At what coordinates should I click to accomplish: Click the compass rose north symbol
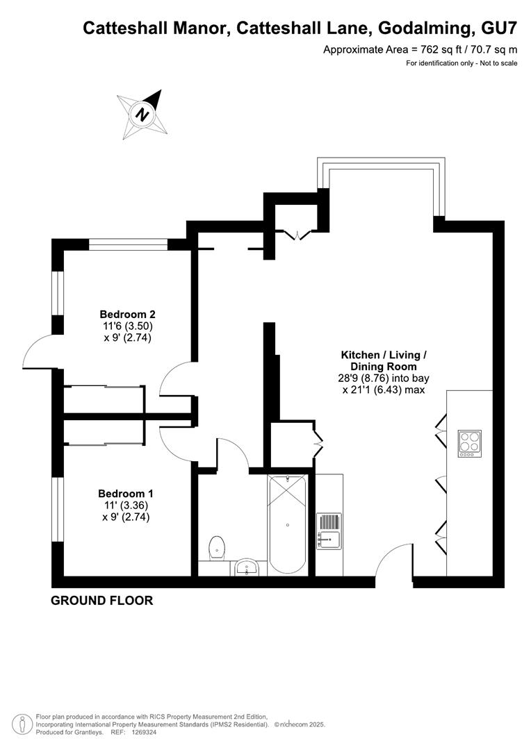click(x=142, y=115)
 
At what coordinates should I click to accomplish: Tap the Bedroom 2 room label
click(x=127, y=315)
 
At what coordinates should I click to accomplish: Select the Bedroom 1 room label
click(x=126, y=494)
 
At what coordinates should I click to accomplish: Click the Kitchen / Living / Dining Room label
click(x=384, y=360)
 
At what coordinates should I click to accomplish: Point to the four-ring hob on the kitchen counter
click(x=470, y=443)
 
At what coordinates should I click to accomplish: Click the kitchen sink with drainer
click(x=329, y=531)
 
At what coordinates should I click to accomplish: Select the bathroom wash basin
click(x=247, y=567)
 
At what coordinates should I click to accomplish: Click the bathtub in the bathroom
click(x=287, y=525)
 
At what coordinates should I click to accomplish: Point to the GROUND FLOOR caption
click(x=102, y=601)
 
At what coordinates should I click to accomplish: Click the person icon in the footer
click(x=22, y=724)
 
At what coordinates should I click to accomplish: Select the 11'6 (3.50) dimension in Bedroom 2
click(x=127, y=326)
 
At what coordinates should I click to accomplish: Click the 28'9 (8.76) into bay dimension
click(x=383, y=378)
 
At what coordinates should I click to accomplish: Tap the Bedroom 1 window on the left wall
click(x=58, y=510)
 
